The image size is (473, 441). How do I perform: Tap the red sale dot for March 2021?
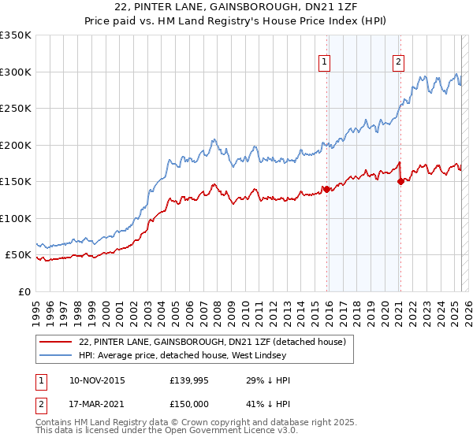[x=400, y=181]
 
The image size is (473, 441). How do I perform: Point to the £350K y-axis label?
[x=16, y=35]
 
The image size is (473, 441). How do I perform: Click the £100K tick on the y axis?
[x=16, y=218]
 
